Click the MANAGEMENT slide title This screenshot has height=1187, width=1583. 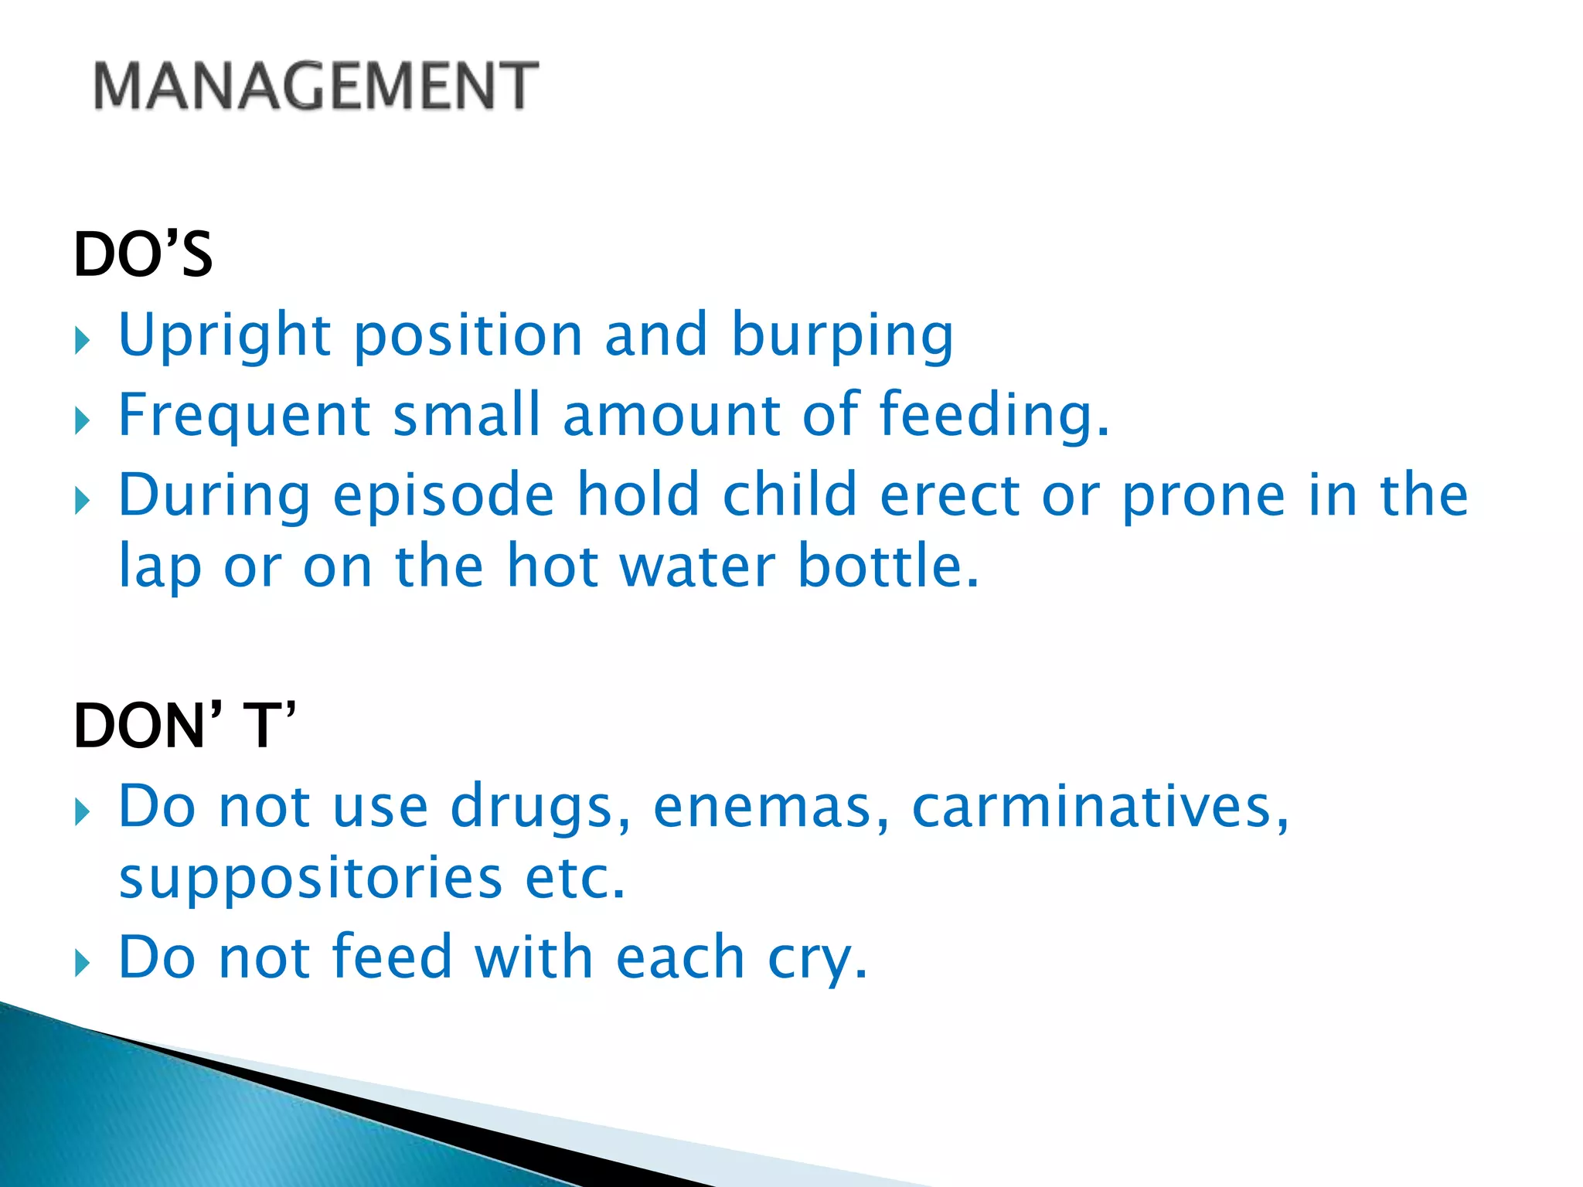point(315,86)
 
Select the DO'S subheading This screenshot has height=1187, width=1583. point(143,255)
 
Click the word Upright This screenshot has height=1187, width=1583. point(225,335)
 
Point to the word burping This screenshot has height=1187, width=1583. point(843,335)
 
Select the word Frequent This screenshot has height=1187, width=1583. point(244,416)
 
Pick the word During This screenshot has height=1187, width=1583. point(214,495)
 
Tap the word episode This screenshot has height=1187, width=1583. point(444,495)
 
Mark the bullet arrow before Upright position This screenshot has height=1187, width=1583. point(83,340)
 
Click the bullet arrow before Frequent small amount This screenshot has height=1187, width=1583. point(83,421)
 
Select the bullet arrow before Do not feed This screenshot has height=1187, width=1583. point(83,963)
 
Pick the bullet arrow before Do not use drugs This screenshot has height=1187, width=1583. point(83,812)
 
